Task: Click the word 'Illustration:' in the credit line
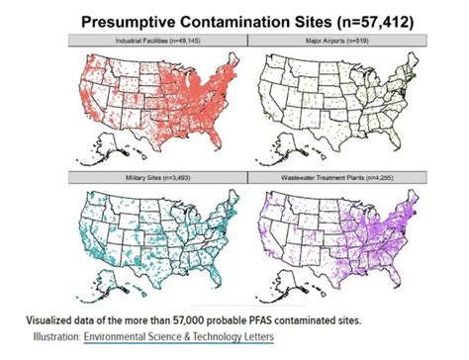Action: [x=52, y=336]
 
